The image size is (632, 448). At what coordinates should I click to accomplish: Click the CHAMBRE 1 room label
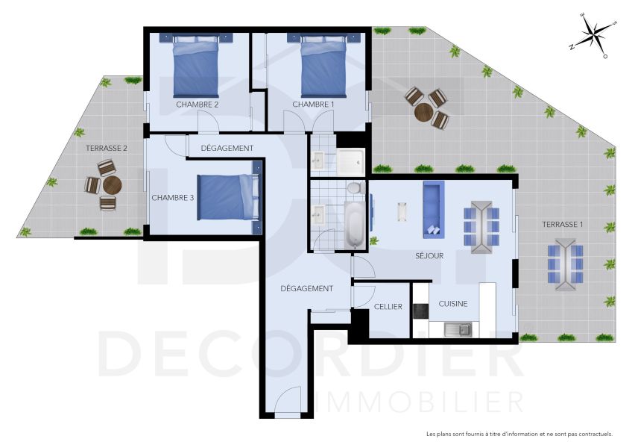coord(313,105)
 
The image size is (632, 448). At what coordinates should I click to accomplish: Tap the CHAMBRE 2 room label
coord(197,105)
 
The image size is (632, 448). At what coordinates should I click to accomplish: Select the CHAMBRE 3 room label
coord(172,198)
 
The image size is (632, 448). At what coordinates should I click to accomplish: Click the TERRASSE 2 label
coord(106,149)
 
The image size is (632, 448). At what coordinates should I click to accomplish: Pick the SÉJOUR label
coord(429,256)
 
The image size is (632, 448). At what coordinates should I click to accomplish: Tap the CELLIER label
coord(388,307)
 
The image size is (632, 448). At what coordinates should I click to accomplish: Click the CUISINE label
coord(452,304)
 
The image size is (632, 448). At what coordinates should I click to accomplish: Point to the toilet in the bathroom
coord(355,187)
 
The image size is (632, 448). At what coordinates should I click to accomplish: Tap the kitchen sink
coord(457,328)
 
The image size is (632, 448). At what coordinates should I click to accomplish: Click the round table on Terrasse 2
coord(111,185)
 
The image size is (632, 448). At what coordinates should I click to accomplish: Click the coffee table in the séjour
coord(403,212)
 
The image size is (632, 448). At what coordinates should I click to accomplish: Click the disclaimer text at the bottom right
coord(519,434)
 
